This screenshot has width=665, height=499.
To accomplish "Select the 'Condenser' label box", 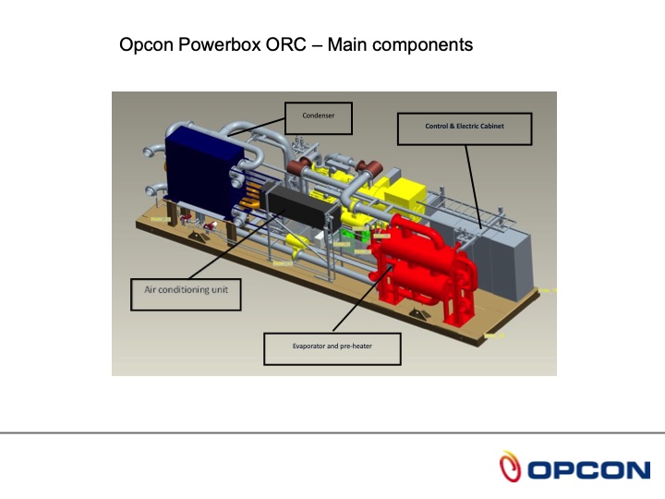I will [317, 116].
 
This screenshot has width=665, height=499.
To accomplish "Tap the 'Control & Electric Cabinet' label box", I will [465, 128].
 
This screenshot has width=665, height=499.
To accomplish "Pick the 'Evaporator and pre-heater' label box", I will [331, 347].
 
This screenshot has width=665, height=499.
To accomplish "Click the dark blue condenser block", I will [198, 172].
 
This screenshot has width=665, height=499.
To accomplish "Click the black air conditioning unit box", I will [296, 205].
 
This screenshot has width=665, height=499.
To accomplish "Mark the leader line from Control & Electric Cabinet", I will [472, 185].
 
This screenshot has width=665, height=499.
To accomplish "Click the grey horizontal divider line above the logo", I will [332, 432].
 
